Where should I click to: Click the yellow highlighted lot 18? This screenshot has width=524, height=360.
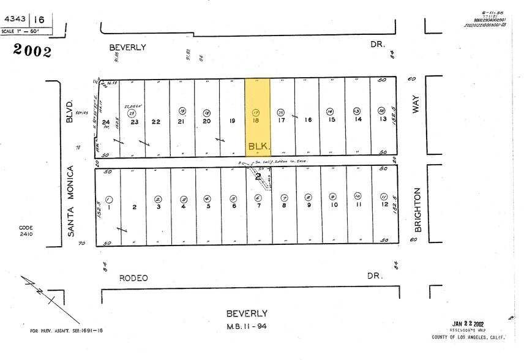[x=257, y=116]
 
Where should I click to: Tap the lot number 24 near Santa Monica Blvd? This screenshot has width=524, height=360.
[x=106, y=122]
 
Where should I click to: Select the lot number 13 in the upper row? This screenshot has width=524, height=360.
[x=383, y=119]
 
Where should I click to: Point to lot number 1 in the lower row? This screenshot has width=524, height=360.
[x=109, y=207]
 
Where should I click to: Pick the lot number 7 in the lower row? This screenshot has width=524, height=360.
[x=258, y=206]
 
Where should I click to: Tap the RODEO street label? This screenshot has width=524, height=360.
[x=133, y=278]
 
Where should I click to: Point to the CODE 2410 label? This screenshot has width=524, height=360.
[x=26, y=231]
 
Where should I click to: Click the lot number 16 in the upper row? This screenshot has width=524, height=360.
[x=308, y=120]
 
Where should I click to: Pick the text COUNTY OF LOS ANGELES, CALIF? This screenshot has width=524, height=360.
[x=467, y=337]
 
